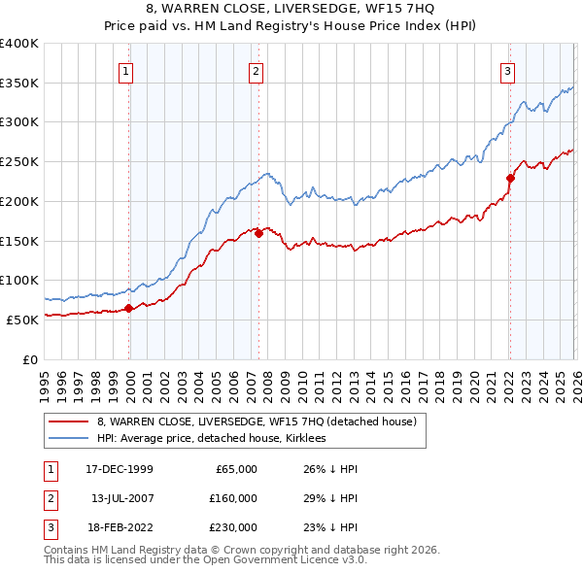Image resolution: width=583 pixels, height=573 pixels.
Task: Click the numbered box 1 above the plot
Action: pyautogui.click(x=127, y=70)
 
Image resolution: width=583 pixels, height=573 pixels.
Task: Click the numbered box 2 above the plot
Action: pyautogui.click(x=256, y=70)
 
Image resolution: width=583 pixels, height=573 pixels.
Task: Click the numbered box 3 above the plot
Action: pyautogui.click(x=507, y=70)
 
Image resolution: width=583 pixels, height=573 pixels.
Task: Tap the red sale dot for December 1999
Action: pyautogui.click(x=129, y=308)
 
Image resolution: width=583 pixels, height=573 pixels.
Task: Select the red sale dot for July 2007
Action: pyautogui.click(x=258, y=232)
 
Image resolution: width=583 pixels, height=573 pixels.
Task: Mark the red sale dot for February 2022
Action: pyautogui.click(x=509, y=178)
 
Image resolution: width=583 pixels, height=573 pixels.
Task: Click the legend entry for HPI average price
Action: pyautogui.click(x=215, y=438)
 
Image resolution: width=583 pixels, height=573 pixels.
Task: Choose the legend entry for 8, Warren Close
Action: pyautogui.click(x=257, y=421)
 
